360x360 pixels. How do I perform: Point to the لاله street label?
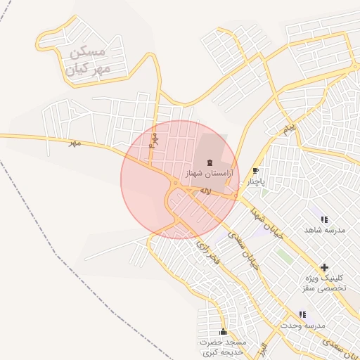click(x=205, y=191)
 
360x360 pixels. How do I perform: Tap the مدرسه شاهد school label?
click(x=323, y=230)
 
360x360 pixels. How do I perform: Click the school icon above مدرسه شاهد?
click(x=323, y=219)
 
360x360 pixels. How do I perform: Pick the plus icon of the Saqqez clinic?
click(x=324, y=267)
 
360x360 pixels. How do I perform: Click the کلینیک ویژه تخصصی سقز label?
click(x=324, y=283)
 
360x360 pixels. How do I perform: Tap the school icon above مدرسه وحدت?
click(x=302, y=314)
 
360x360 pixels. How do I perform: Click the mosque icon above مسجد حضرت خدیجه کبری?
click(x=224, y=331)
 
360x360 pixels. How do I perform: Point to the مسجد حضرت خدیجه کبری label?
click(x=224, y=346)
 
